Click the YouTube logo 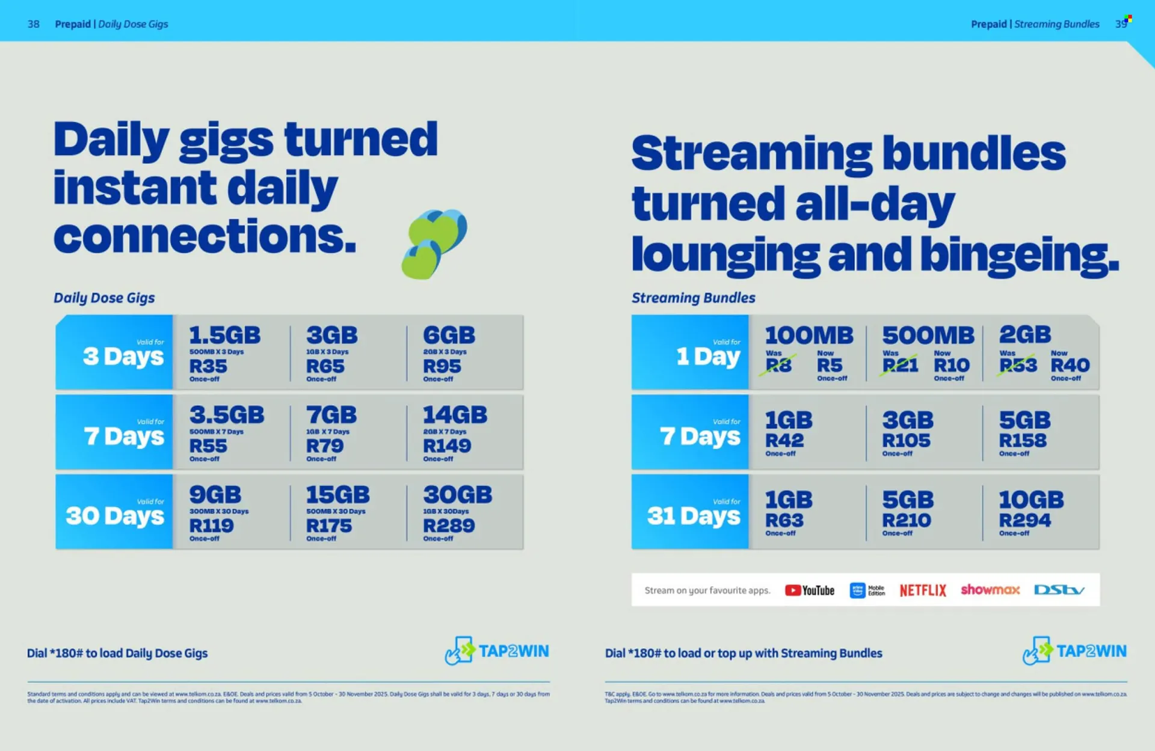pyautogui.click(x=809, y=590)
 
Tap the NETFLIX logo pyautogui.click(x=923, y=590)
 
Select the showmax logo pyautogui.click(x=990, y=589)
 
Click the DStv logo pyautogui.click(x=1059, y=590)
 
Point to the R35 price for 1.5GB pyautogui.click(x=208, y=366)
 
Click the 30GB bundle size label pyautogui.click(x=457, y=495)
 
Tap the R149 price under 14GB pyautogui.click(x=447, y=446)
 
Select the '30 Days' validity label pyautogui.click(x=114, y=515)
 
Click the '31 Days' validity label pyautogui.click(x=693, y=515)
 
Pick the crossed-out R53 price pyautogui.click(x=1018, y=364)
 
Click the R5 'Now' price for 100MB pyautogui.click(x=830, y=364)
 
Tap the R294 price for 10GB pyautogui.click(x=1025, y=520)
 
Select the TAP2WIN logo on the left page pyautogui.click(x=497, y=651)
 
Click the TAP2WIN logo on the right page pyautogui.click(x=1074, y=651)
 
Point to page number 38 pyautogui.click(x=34, y=24)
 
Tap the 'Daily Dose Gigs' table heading pyautogui.click(x=104, y=298)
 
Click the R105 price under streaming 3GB pyautogui.click(x=906, y=440)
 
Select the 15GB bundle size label pyautogui.click(x=337, y=495)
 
